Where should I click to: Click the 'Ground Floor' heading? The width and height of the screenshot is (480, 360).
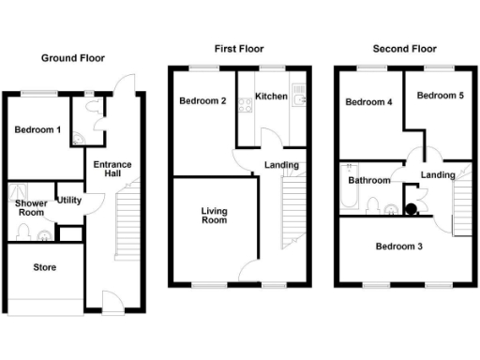click(x=72, y=58)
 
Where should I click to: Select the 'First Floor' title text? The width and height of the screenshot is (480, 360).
click(x=239, y=49)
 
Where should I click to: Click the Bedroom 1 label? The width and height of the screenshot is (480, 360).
click(x=38, y=130)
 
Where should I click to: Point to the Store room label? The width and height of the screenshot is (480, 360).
click(x=44, y=267)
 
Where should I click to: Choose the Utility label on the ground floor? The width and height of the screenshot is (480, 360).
click(x=68, y=200)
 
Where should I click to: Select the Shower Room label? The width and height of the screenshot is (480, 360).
click(x=31, y=207)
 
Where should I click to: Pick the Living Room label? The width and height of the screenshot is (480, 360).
click(x=215, y=217)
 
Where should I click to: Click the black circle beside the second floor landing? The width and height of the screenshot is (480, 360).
click(x=411, y=209)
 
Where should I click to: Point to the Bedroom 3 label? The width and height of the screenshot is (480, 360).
click(x=398, y=247)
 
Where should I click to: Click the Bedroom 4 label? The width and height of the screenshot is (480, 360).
click(x=367, y=102)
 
